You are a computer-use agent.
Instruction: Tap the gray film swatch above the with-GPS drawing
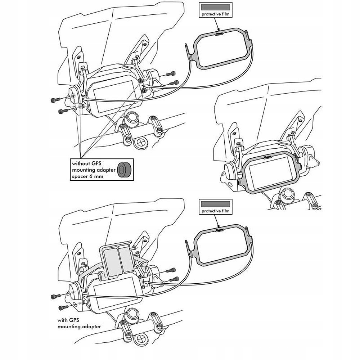pyautogui.click(x=216, y=203)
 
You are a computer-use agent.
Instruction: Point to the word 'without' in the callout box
pyautogui.click(x=81, y=163)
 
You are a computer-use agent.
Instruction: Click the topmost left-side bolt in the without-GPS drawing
pyautogui.click(x=54, y=99)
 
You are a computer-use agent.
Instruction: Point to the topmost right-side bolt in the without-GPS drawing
pyautogui.click(x=170, y=74)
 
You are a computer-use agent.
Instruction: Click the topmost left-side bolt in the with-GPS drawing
pyautogui.click(x=54, y=296)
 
